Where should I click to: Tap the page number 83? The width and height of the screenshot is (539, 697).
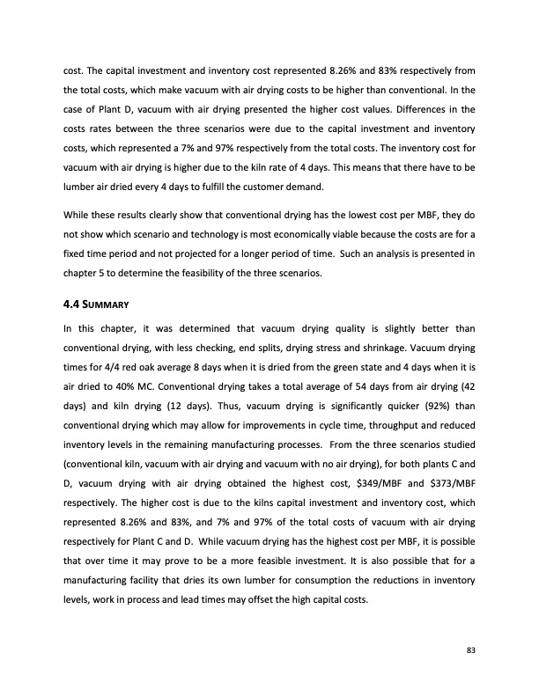(471, 650)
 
